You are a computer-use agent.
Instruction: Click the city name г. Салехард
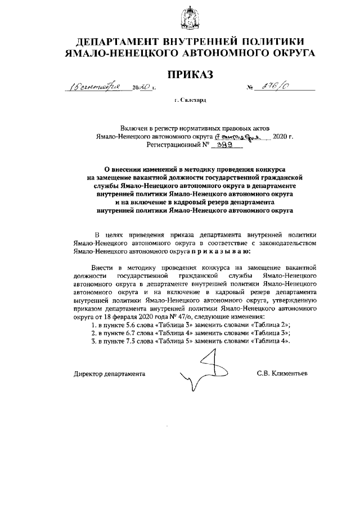(x=191, y=100)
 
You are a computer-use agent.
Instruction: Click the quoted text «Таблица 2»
(x=269, y=325)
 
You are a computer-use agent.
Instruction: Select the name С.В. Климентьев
(x=282, y=373)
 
